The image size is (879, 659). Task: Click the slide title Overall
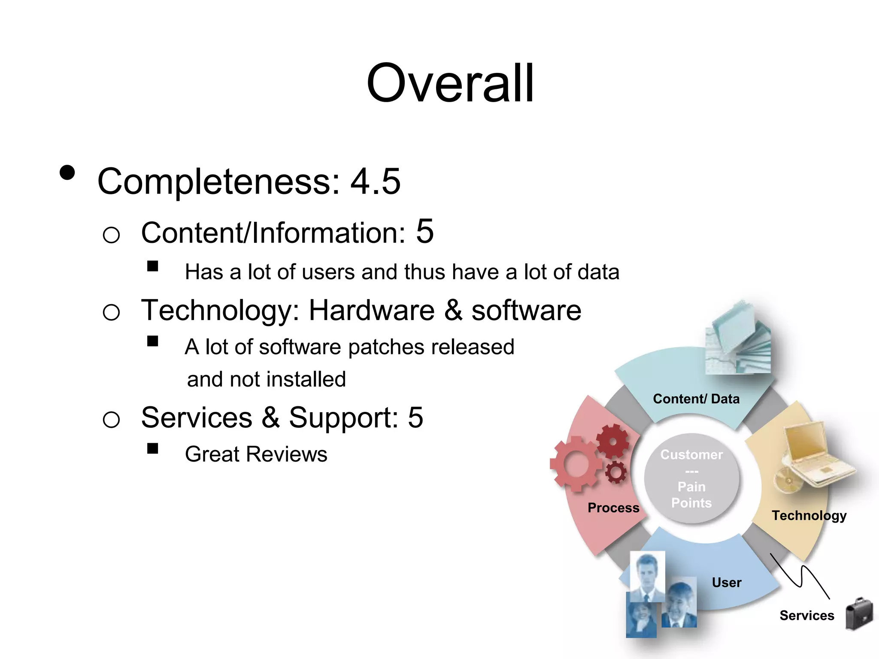[450, 83]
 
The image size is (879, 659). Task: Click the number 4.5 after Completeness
[376, 181]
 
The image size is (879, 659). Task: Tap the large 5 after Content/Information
[425, 231]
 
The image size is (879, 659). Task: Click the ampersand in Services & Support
[270, 417]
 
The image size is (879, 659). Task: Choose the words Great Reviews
[256, 454]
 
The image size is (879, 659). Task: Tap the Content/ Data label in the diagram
[696, 399]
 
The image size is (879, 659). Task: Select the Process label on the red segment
[613, 508]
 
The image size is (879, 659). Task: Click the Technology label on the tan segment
[809, 515]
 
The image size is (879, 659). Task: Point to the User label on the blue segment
[726, 583]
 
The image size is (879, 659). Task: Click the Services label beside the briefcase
[806, 616]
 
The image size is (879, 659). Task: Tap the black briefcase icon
[859, 614]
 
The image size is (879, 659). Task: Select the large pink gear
[576, 464]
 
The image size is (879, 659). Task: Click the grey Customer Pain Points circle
[691, 479]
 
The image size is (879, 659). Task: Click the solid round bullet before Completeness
[67, 173]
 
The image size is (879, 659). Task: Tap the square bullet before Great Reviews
[152, 448]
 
